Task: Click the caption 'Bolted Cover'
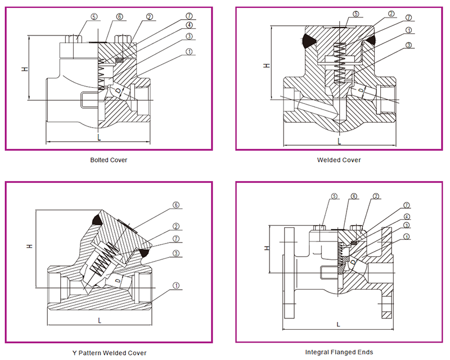pyautogui.click(x=109, y=160)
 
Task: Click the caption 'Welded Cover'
pyautogui.click(x=339, y=160)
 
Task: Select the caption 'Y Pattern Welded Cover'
pyautogui.click(x=109, y=353)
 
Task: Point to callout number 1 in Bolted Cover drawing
pyautogui.click(x=189, y=52)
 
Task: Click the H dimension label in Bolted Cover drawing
pyautogui.click(x=24, y=69)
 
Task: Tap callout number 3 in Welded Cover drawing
pyautogui.click(x=408, y=45)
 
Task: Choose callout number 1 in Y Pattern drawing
pyautogui.click(x=176, y=286)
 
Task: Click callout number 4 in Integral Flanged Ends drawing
pyautogui.click(x=407, y=217)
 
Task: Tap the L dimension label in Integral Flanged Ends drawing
pyautogui.click(x=337, y=324)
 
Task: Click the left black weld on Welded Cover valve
pyautogui.click(x=308, y=40)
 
